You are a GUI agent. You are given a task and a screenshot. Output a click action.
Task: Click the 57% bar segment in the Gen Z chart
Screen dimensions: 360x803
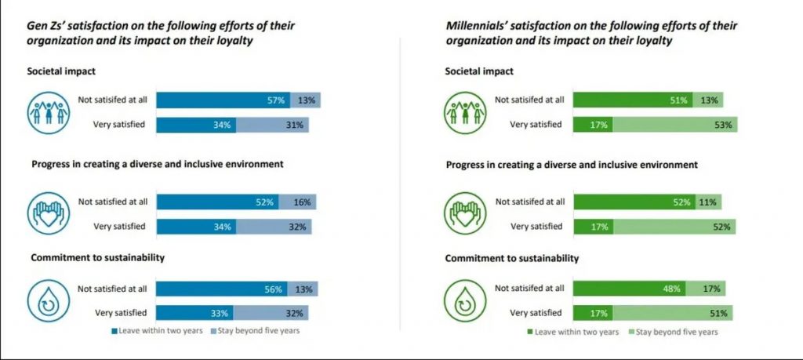pyautogui.click(x=223, y=100)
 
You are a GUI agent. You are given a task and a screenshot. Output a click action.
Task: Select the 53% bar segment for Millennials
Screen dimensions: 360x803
pyautogui.click(x=674, y=125)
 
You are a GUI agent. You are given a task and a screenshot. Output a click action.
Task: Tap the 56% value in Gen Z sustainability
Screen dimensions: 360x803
pyautogui.click(x=273, y=289)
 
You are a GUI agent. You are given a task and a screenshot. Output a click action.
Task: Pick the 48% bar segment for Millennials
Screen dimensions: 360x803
pyautogui.click(x=630, y=289)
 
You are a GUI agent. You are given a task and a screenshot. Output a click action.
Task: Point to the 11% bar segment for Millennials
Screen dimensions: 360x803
pyautogui.click(x=707, y=202)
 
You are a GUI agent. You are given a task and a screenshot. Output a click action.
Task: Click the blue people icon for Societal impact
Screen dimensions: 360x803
pyautogui.click(x=49, y=112)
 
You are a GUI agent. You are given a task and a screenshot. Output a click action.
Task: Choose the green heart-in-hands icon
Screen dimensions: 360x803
pyautogui.click(x=467, y=214)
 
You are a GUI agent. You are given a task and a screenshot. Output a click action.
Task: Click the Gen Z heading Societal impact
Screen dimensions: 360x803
pyautogui.click(x=63, y=71)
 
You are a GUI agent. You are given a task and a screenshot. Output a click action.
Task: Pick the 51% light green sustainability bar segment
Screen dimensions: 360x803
pyautogui.click(x=672, y=313)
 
